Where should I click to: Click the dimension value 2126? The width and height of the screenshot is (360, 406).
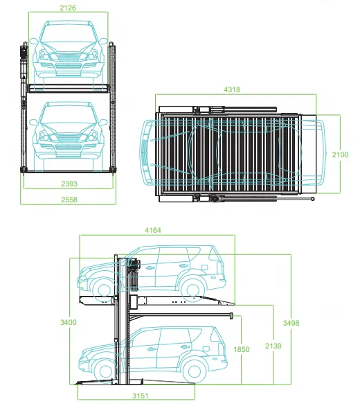coord(69,8)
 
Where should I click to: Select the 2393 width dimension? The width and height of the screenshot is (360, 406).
coord(69,184)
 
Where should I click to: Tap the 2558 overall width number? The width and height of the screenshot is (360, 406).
coord(69,200)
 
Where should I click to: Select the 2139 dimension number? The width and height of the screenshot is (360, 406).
coord(276,346)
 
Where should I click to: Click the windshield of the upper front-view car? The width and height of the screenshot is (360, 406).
coord(69,33)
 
